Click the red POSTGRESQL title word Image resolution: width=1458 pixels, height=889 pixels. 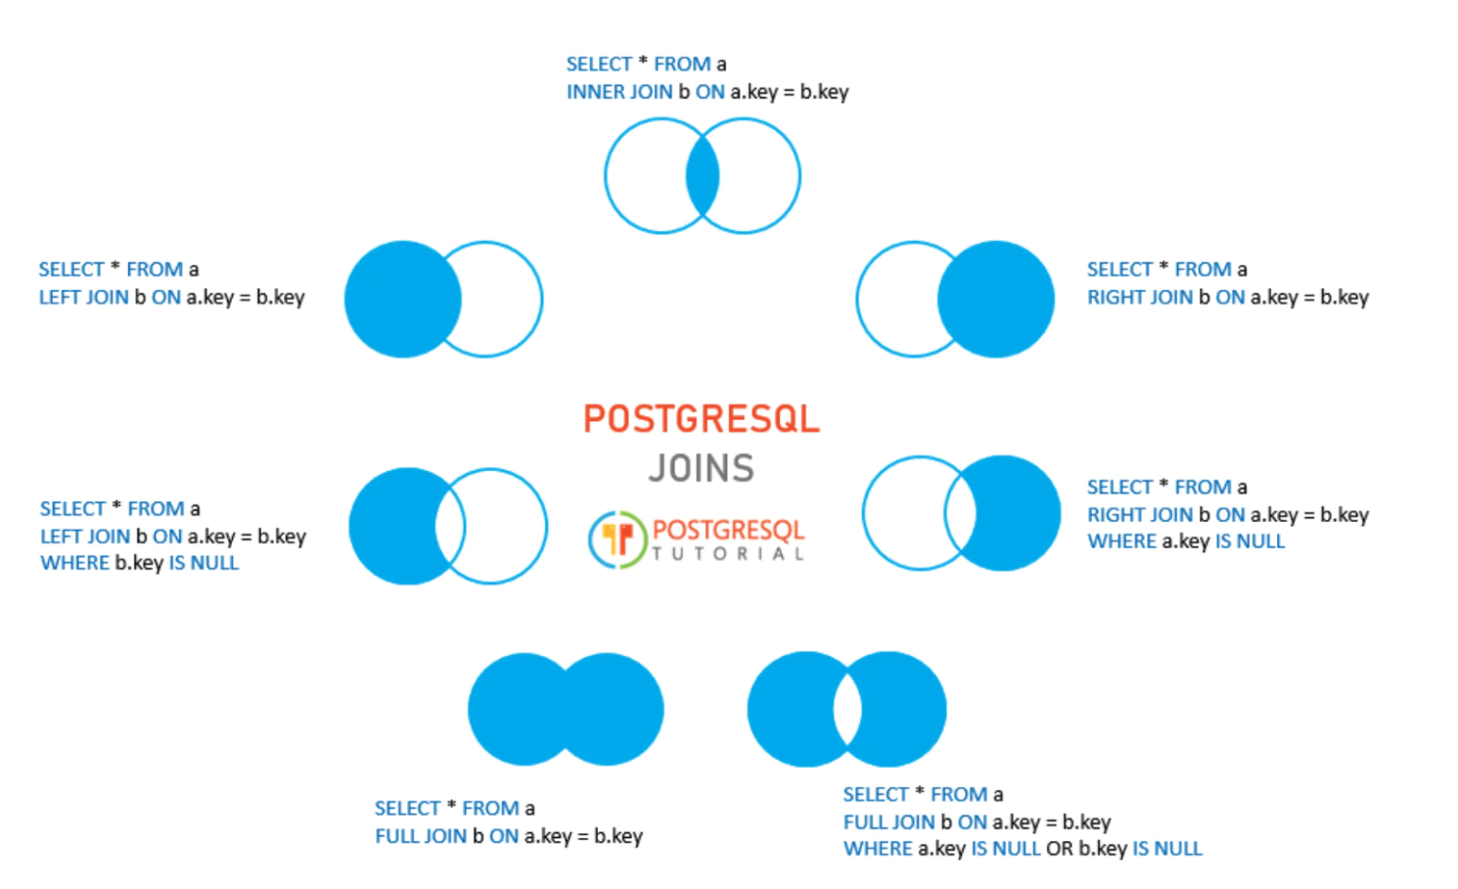pos(701,419)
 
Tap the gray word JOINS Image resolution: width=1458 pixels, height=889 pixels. pos(701,468)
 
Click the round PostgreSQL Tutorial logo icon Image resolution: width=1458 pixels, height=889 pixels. pos(617,539)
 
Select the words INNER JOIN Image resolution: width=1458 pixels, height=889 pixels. pos(619,92)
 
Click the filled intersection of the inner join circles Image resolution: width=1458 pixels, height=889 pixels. pos(703,176)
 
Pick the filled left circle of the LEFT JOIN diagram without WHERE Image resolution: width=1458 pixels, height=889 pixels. pos(396,299)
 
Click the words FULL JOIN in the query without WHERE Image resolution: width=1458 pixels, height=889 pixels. pos(421,836)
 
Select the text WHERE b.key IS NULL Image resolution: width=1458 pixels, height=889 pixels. pos(139,563)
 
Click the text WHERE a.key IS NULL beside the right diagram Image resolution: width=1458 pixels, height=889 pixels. pos(1186,541)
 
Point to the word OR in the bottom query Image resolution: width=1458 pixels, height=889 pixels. pos(1059,849)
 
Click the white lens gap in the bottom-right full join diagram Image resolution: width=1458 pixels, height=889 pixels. pos(847,709)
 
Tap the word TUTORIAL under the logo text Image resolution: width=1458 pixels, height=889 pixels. pos(729,554)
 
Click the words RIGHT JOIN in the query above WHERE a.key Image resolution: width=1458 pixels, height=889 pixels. pos(1140,515)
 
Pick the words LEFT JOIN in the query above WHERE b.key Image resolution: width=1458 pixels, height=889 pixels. pos(85,537)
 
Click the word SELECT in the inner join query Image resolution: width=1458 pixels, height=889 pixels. pos(599,65)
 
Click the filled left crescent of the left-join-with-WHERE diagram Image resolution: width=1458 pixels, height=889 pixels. pos(391,526)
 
